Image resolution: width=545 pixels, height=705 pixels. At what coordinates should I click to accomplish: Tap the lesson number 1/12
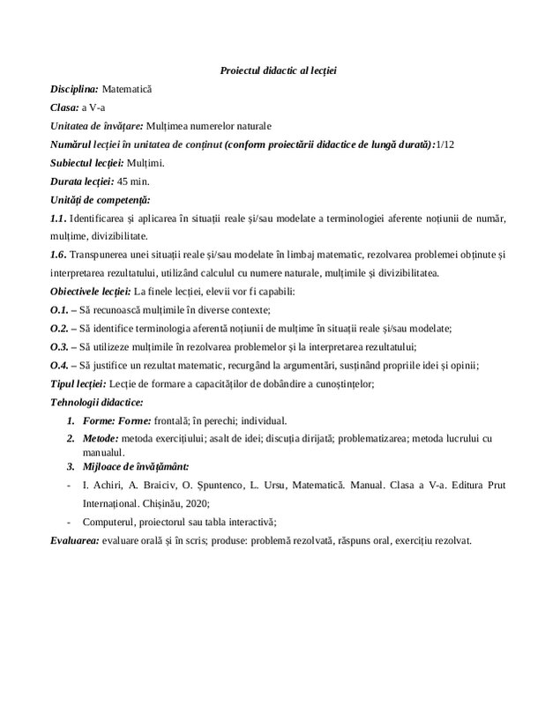(x=451, y=144)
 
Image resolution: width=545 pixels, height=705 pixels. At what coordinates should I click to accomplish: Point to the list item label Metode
(x=99, y=438)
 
